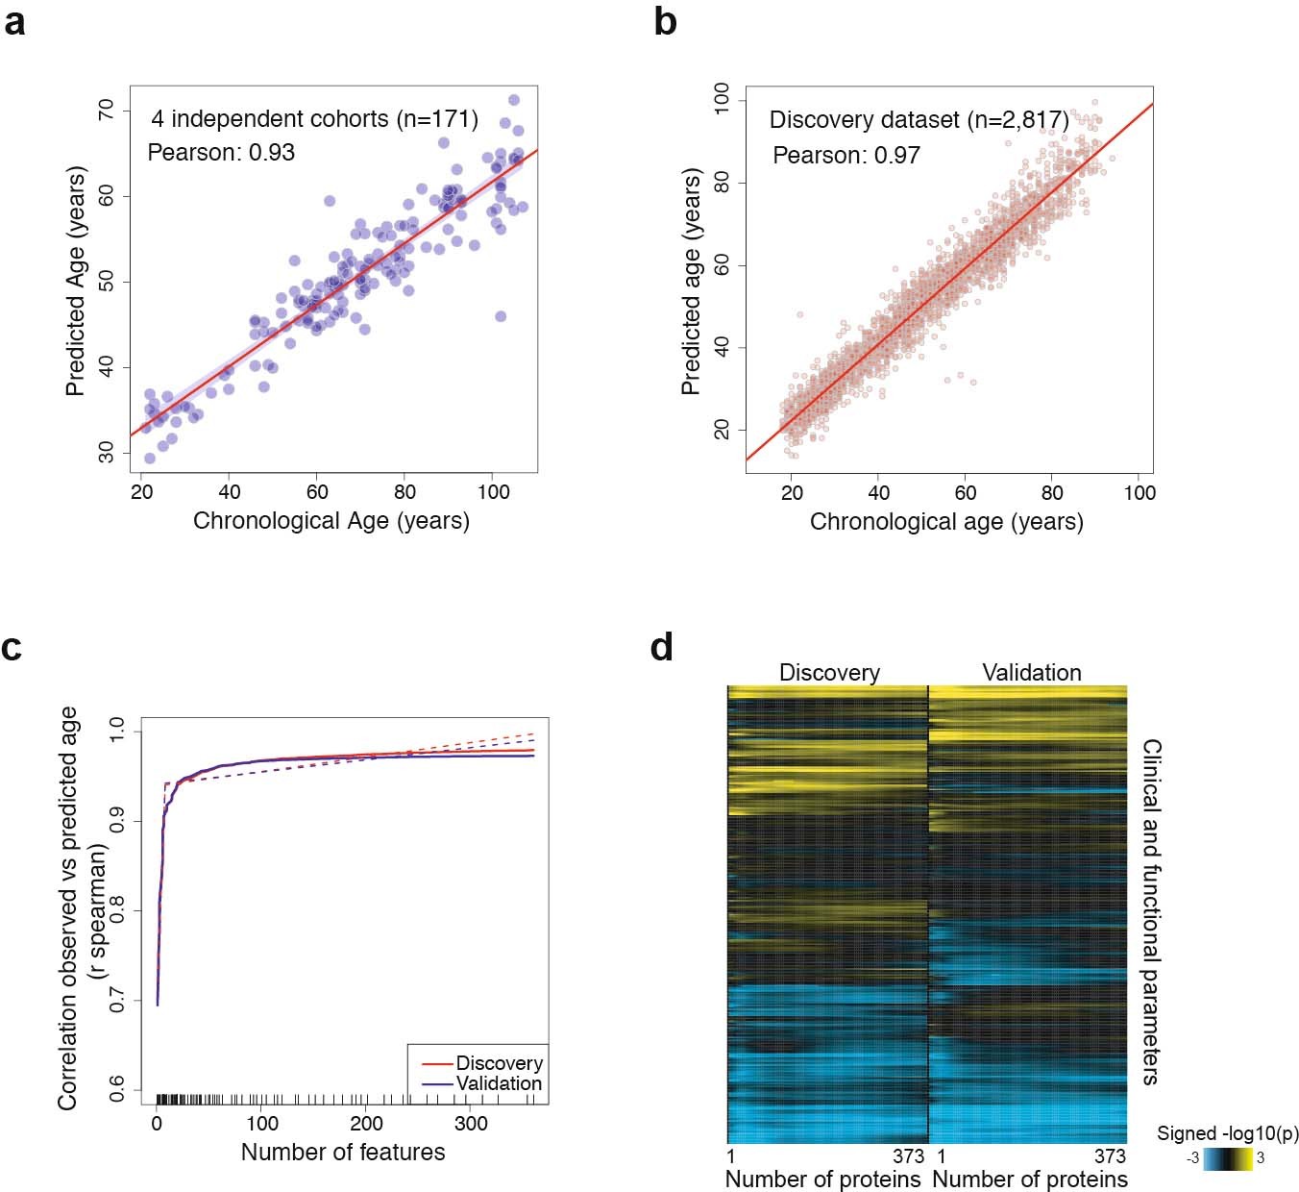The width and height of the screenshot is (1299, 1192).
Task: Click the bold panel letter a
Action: (x=14, y=21)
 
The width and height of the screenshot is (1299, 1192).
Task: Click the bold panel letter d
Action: (x=662, y=647)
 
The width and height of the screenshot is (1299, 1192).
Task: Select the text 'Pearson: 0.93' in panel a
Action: (x=221, y=153)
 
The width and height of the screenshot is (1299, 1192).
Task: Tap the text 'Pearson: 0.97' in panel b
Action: (x=846, y=156)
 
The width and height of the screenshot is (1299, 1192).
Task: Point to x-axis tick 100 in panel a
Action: (x=493, y=492)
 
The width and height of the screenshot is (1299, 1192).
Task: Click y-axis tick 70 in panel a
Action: (x=106, y=111)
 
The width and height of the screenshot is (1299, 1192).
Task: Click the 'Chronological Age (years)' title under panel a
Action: (x=331, y=521)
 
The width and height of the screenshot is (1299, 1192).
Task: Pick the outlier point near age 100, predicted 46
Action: (x=500, y=316)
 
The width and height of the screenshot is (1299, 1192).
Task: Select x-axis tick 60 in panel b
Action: (x=966, y=493)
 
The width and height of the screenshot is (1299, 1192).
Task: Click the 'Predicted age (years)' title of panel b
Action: (x=690, y=282)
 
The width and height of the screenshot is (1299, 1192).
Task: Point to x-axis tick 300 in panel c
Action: (x=470, y=1124)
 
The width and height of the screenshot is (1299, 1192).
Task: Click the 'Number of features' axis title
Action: (x=343, y=1152)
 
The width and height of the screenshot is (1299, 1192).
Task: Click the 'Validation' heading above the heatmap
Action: (x=1032, y=673)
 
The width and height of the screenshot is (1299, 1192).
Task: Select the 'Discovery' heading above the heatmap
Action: (x=829, y=673)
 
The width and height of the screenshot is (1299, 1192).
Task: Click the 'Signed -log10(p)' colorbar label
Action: (x=1227, y=1133)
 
